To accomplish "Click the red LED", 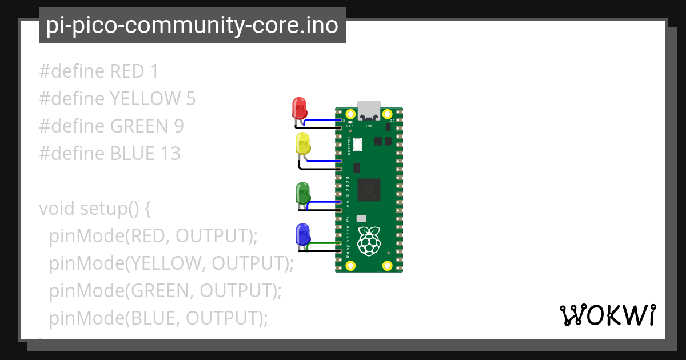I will [x=299, y=107].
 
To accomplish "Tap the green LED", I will [x=302, y=193].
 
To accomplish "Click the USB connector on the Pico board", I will [x=369, y=110].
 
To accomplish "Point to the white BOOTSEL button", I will [x=358, y=145].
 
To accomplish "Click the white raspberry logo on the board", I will [x=369, y=241].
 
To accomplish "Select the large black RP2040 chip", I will [x=369, y=189].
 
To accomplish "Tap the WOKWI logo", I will [x=607, y=315].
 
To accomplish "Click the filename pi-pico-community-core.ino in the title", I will [x=192, y=25].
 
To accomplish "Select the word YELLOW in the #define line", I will [x=145, y=99].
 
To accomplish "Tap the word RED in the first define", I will [x=127, y=71].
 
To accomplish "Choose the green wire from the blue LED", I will [x=324, y=244].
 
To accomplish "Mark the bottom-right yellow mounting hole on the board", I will [x=387, y=265].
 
